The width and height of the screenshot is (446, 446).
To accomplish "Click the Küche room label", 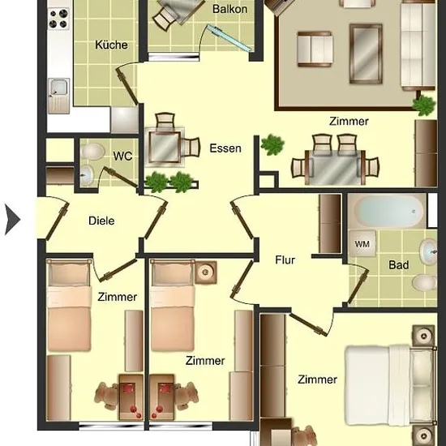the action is point(111,45).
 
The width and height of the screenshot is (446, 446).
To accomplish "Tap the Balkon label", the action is point(229,9).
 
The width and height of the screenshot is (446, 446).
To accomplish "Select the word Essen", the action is point(225,148).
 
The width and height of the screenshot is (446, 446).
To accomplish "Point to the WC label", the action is point(122,157).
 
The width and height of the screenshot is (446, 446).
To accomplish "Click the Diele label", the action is point(101,221).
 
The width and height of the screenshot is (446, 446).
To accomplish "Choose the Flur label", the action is point(285,260).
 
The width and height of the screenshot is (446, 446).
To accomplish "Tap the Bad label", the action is point(399,265).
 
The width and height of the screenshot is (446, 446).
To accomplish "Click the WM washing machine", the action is point(362,244).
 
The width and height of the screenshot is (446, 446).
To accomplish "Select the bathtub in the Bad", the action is point(387,211).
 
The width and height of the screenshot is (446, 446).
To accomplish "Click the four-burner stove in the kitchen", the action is point(58,19).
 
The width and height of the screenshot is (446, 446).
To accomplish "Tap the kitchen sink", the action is point(58,96).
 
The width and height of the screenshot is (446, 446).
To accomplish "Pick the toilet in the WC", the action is point(92,151).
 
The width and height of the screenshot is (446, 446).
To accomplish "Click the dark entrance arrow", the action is point(12,220).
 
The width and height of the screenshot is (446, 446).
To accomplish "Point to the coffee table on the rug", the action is point(366,54).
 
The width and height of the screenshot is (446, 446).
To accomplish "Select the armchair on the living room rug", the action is point(315,49).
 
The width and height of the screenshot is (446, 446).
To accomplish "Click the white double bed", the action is point(390,386).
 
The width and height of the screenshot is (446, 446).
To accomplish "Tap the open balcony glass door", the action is point(229,38).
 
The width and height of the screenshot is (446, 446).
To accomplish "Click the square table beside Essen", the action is point(164,147).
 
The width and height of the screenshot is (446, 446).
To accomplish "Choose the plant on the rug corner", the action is point(424,105).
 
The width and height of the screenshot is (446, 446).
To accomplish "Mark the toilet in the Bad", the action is point(425,283).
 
